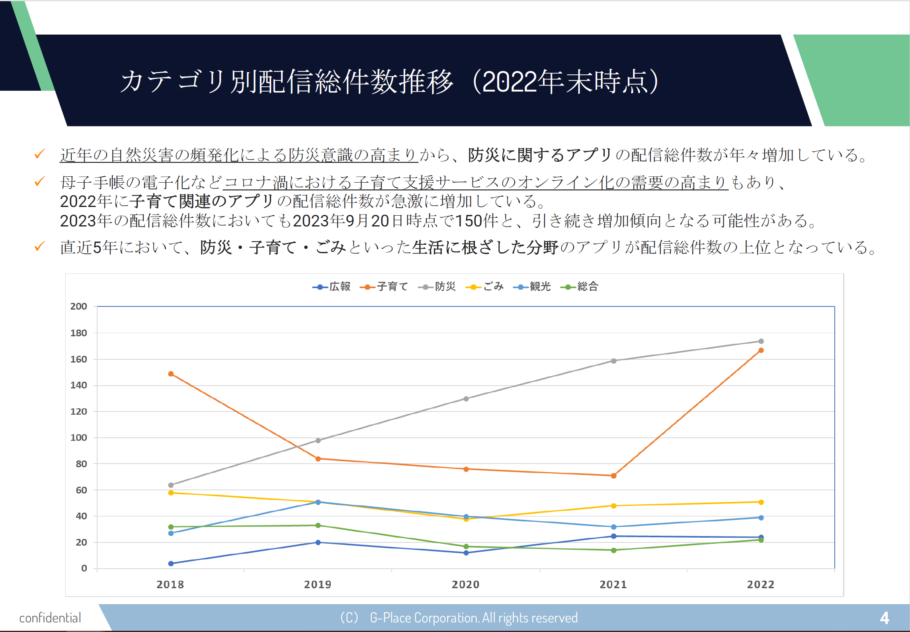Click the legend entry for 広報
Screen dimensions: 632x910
(332, 287)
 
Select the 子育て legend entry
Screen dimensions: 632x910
(385, 287)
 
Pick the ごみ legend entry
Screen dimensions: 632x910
(485, 287)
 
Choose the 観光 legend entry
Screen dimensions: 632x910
(532, 287)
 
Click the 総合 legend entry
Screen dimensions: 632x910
(580, 287)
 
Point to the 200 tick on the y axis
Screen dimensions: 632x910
(78, 306)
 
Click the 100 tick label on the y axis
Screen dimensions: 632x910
(78, 438)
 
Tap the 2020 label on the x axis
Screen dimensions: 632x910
(465, 585)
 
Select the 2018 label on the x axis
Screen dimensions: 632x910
(170, 585)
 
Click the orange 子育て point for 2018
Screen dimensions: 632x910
(171, 374)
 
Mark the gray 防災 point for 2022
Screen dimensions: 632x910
(761, 341)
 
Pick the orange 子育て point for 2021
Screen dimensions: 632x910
(613, 476)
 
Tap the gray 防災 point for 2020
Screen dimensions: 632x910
(466, 398)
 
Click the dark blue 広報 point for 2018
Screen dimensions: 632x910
(171, 563)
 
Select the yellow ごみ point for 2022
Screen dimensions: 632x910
(761, 502)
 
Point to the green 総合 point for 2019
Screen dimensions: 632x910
(318, 525)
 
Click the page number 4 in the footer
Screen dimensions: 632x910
(884, 618)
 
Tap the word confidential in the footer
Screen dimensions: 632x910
(50, 618)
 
